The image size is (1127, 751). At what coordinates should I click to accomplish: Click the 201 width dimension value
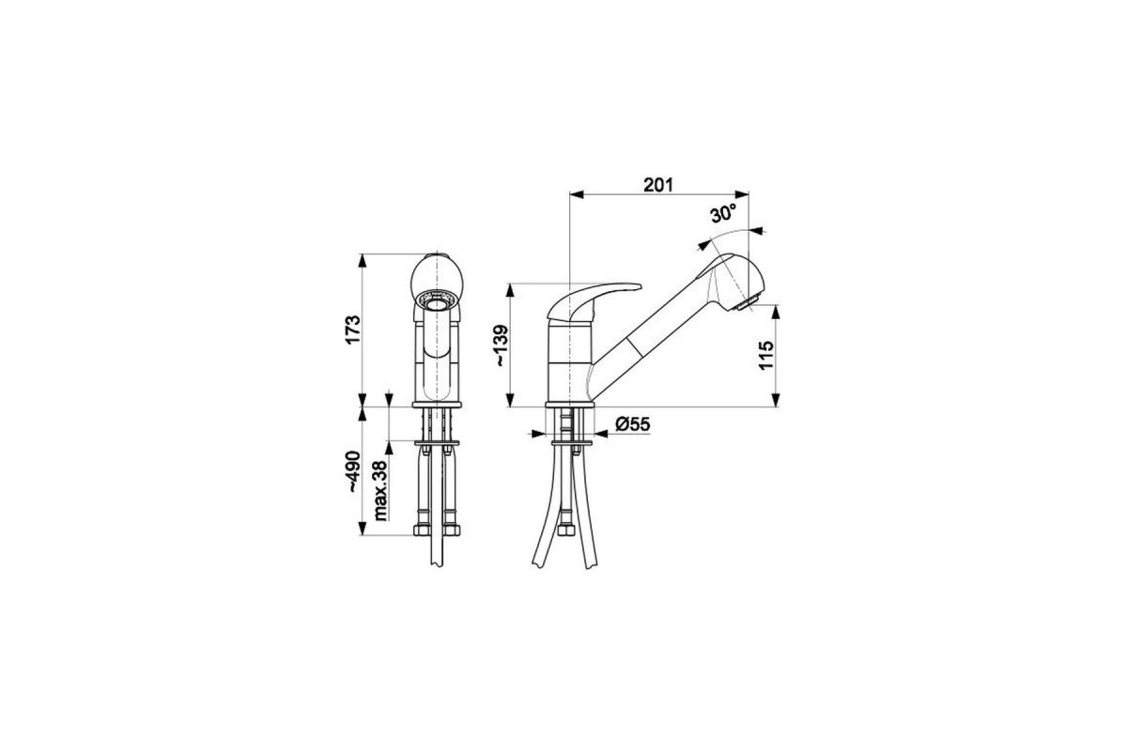(658, 185)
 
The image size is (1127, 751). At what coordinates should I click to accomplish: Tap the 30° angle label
(723, 214)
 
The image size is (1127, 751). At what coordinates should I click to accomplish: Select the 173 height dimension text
(354, 330)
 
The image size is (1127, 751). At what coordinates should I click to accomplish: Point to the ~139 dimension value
(502, 345)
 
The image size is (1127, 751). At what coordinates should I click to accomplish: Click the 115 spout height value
(765, 355)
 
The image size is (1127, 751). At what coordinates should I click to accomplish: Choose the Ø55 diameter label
(632, 424)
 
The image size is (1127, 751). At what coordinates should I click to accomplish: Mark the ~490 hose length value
(354, 471)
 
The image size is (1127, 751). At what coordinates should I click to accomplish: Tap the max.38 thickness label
(381, 490)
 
